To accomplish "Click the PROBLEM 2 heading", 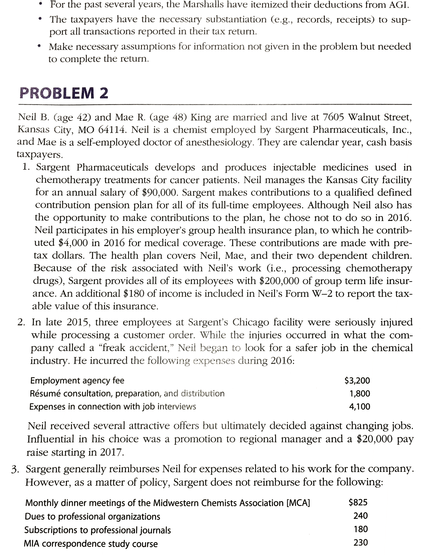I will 64,93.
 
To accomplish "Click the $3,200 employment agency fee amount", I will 357,380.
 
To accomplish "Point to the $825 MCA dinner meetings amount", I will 358,502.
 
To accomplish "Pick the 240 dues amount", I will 360,516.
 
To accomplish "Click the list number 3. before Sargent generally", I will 16,469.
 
